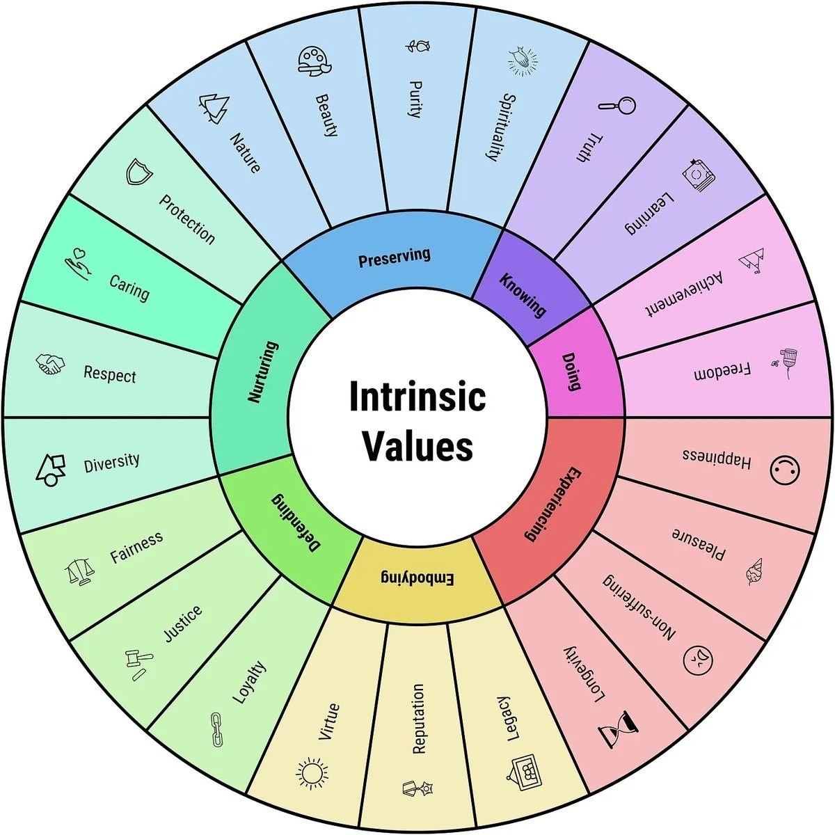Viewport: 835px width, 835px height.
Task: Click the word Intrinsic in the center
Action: pyautogui.click(x=417, y=397)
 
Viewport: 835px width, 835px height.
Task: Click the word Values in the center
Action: pyautogui.click(x=417, y=446)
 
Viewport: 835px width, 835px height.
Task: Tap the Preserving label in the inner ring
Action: pyautogui.click(x=395, y=257)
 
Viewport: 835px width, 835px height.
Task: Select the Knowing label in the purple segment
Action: pyautogui.click(x=523, y=295)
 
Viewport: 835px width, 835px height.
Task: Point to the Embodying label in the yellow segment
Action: pyautogui.click(x=417, y=578)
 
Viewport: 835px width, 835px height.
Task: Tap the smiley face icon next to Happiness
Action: pyautogui.click(x=785, y=470)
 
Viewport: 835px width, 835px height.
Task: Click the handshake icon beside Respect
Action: pyautogui.click(x=50, y=364)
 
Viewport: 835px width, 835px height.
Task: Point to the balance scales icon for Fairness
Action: pyautogui.click(x=82, y=572)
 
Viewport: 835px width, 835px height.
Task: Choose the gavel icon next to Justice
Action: pyautogui.click(x=134, y=662)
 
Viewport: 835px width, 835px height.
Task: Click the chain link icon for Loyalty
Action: pyautogui.click(x=216, y=729)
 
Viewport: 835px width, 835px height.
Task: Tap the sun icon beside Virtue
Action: pyautogui.click(x=312, y=774)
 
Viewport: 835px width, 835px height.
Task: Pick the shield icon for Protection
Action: pyautogui.click(x=138, y=171)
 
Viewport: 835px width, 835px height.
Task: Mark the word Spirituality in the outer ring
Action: pyautogui.click(x=500, y=127)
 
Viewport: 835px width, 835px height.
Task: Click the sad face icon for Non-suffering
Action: pyautogui.click(x=699, y=658)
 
